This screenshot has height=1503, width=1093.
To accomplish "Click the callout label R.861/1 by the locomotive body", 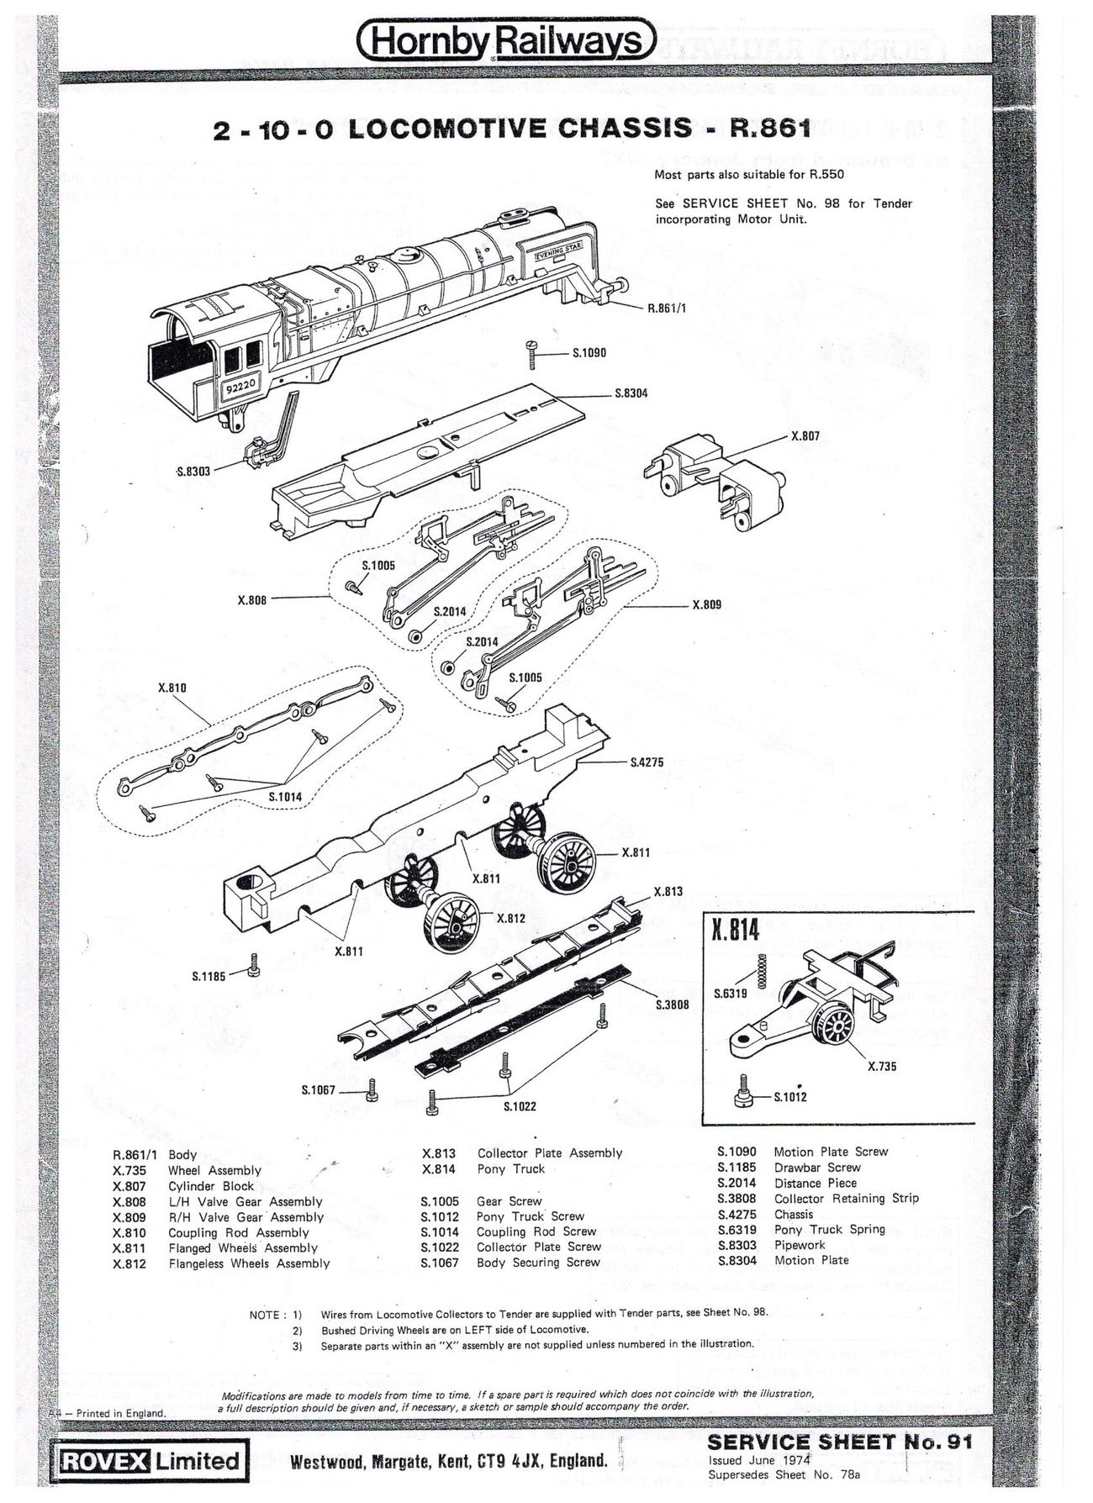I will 667,308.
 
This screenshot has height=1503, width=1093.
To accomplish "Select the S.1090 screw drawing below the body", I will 532,353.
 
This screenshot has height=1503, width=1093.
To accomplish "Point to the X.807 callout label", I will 805,436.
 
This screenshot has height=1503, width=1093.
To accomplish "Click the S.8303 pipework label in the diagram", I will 193,471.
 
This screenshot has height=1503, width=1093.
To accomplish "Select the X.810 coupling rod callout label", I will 172,688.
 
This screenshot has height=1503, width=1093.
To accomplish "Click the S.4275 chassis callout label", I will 647,762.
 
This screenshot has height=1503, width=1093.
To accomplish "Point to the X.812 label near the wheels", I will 510,918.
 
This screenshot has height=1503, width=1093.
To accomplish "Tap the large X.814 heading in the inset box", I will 735,931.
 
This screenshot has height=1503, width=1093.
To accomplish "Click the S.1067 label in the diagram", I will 318,1090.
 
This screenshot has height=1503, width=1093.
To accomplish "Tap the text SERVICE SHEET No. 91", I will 840,1442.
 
